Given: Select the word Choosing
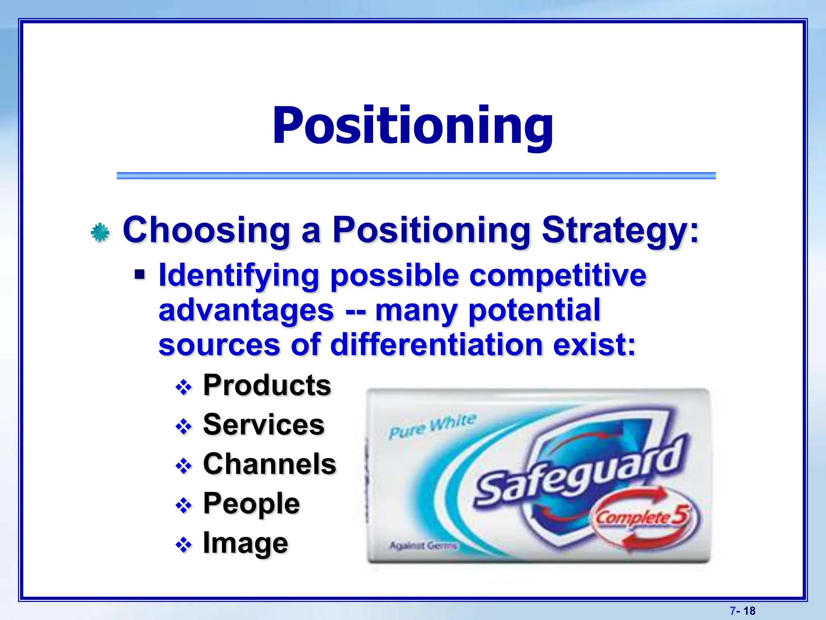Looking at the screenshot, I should [206, 230].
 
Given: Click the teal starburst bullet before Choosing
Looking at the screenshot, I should [100, 232].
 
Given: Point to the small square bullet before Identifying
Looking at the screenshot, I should [140, 275].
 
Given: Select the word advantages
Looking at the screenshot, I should [246, 310].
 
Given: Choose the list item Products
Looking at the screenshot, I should [267, 385].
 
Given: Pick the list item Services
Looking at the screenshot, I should [263, 425].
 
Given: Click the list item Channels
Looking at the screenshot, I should [269, 464].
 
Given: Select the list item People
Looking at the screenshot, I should [251, 504].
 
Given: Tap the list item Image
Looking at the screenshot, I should [245, 543].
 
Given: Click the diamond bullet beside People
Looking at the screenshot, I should [184, 506].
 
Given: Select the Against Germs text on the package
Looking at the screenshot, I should [423, 546].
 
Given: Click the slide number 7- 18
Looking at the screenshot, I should [743, 611].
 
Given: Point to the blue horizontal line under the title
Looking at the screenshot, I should [416, 176].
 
